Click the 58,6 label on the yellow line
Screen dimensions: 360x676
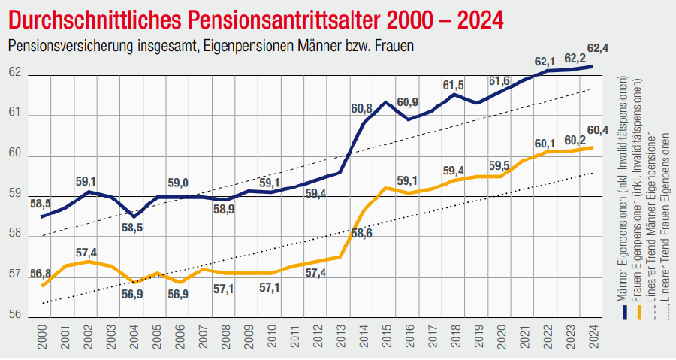click(x=362, y=234)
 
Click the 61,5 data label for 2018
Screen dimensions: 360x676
click(x=453, y=85)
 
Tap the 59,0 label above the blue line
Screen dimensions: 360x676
click(x=178, y=183)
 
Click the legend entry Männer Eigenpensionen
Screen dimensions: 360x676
click(x=622, y=195)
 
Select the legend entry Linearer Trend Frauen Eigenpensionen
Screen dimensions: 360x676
click(x=664, y=225)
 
